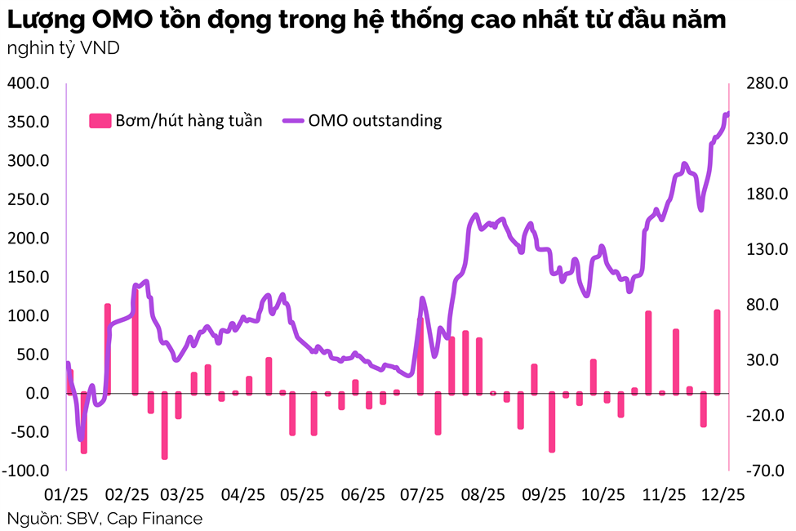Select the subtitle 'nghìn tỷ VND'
63,49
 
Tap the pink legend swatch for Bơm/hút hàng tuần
99,121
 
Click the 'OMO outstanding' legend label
375,120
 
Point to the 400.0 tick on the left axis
29,83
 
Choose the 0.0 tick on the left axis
38,394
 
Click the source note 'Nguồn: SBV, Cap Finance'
105,519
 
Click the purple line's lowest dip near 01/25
80,439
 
